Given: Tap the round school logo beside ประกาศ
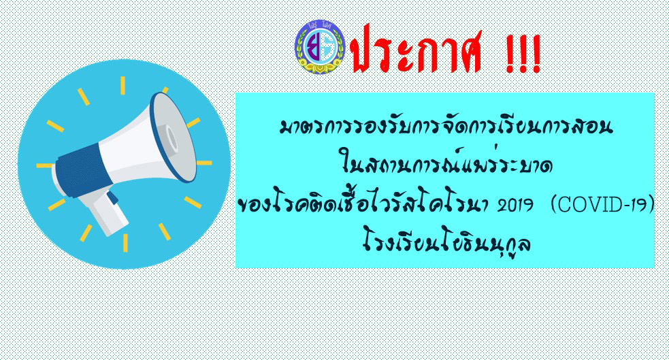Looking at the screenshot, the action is click(x=320, y=46).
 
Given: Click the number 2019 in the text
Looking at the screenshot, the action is click(x=515, y=206).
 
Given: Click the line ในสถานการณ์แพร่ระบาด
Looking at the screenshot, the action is click(x=446, y=164).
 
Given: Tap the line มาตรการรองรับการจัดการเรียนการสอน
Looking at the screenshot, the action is click(x=446, y=127).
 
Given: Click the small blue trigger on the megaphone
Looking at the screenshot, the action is click(x=112, y=197).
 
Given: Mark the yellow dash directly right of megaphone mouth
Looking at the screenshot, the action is click(x=204, y=163).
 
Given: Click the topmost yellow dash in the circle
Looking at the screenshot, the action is click(x=123, y=85).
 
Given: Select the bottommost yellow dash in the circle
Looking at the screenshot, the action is click(x=125, y=243).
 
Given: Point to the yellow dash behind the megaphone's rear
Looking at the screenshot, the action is click(x=44, y=165).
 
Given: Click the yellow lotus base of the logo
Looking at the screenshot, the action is click(x=320, y=65).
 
